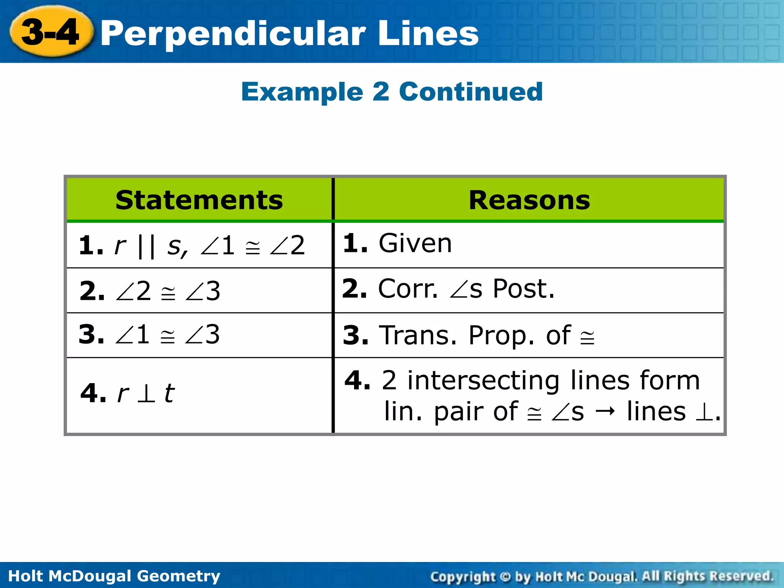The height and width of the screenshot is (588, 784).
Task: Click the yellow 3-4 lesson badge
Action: click(51, 32)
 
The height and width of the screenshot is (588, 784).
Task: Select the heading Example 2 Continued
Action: click(392, 92)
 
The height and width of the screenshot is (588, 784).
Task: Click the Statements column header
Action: click(199, 200)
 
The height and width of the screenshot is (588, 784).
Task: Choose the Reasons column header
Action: click(529, 200)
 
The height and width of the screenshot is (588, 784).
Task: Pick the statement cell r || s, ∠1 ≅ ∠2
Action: click(191, 245)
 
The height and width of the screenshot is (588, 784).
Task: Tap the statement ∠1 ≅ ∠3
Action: click(149, 335)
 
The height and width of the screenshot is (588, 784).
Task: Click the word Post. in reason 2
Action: click(523, 289)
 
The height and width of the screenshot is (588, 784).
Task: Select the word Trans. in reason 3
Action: click(418, 335)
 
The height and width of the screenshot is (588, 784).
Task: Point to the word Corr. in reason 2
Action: click(408, 289)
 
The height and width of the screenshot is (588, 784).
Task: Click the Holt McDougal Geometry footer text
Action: click(114, 576)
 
